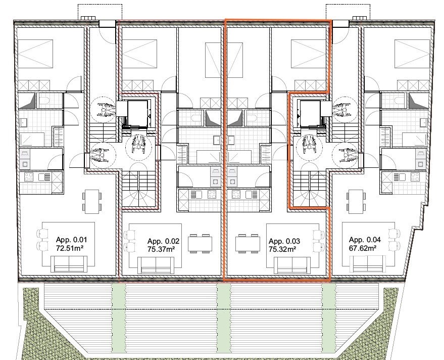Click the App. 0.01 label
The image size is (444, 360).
point(72,240)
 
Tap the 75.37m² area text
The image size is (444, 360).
point(161,249)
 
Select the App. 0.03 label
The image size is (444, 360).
point(284,241)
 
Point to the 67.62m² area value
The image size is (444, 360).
point(363,248)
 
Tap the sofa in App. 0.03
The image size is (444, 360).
point(292,265)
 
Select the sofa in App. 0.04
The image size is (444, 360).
point(368,264)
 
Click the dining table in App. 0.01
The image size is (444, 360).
point(92,201)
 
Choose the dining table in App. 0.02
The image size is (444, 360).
point(200,244)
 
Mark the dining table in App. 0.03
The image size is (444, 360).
point(248,244)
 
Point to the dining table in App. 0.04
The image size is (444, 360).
point(356,201)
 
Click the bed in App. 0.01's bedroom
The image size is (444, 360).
point(35,54)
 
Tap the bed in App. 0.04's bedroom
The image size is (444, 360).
point(412,54)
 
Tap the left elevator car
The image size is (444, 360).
point(137,113)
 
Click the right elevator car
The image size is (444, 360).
point(311,113)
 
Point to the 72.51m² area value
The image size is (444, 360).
point(70,248)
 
